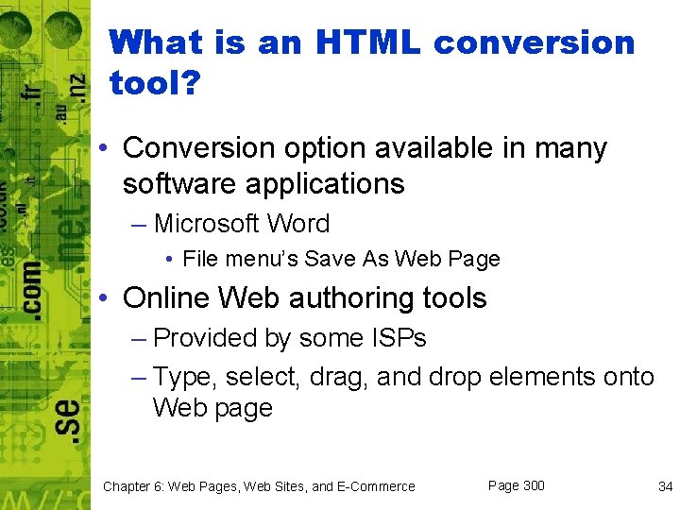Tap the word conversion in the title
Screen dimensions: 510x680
tap(535, 42)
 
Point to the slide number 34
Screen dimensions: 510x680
tap(665, 486)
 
